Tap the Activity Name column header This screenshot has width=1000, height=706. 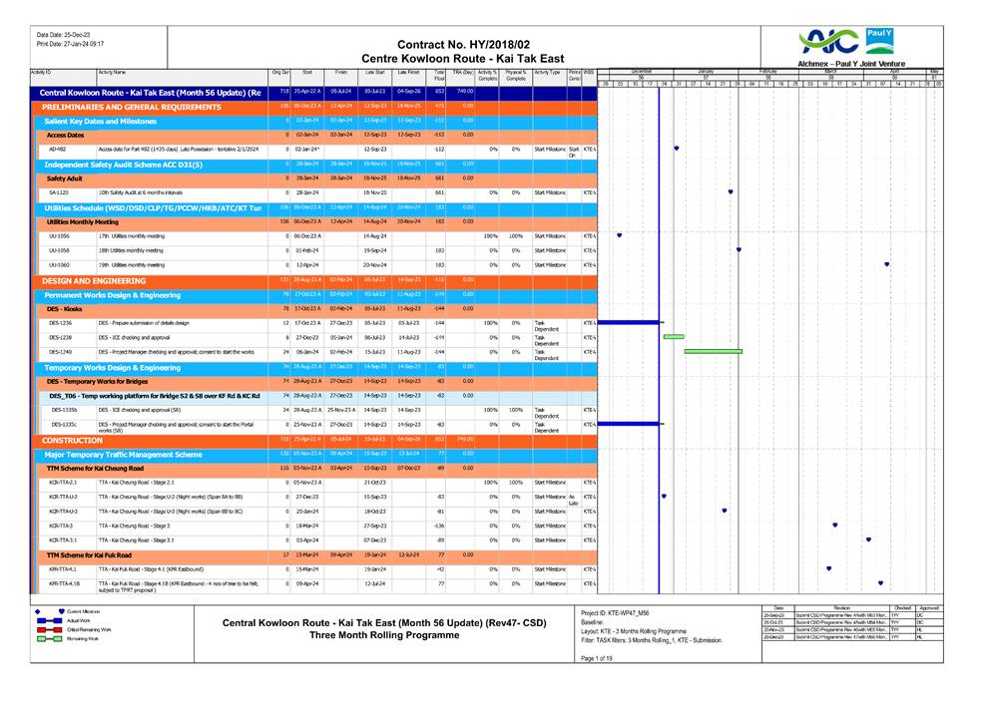pos(112,73)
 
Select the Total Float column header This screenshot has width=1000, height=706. pos(438,75)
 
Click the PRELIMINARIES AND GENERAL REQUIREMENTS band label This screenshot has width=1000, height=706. pos(125,106)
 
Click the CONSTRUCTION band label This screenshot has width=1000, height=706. pos(73,440)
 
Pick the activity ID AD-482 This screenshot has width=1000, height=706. pos(58,148)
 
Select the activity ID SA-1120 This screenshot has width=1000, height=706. pos(58,191)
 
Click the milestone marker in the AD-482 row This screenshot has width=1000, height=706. pos(677,148)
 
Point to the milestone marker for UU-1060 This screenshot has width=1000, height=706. pos(886,264)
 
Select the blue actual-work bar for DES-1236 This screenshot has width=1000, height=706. pos(628,323)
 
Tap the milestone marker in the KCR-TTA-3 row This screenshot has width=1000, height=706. pos(834,525)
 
